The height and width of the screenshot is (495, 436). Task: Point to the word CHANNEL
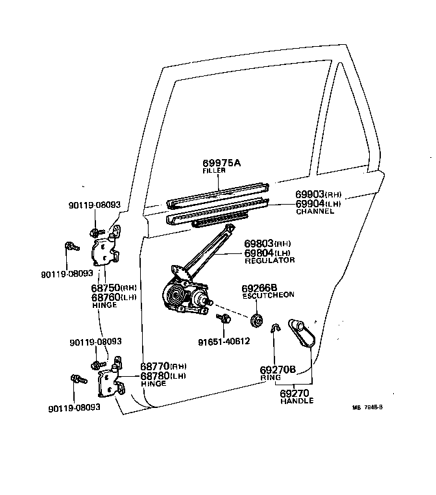coord(315,211)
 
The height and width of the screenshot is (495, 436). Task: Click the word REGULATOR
coord(269,260)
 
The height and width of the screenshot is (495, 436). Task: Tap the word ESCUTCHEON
coord(268,295)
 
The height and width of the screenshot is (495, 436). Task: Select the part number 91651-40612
coord(224,340)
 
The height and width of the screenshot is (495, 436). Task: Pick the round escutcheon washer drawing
coord(256,320)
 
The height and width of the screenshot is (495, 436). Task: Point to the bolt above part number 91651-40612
coord(224,319)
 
